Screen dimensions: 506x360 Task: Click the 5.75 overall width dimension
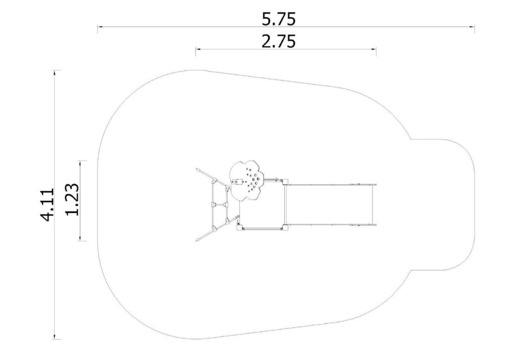point(279,19)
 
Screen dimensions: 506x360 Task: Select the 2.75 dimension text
point(279,41)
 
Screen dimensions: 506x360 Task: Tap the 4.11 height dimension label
point(47,205)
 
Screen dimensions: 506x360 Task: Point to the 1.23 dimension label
point(72,200)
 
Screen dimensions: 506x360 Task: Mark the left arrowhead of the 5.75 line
point(100,27)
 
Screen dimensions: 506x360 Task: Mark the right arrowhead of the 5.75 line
point(472,27)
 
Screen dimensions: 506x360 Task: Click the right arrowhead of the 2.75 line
point(374,49)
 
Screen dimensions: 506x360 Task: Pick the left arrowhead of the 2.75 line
point(198,49)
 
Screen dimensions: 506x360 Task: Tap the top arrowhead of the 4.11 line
point(55,73)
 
